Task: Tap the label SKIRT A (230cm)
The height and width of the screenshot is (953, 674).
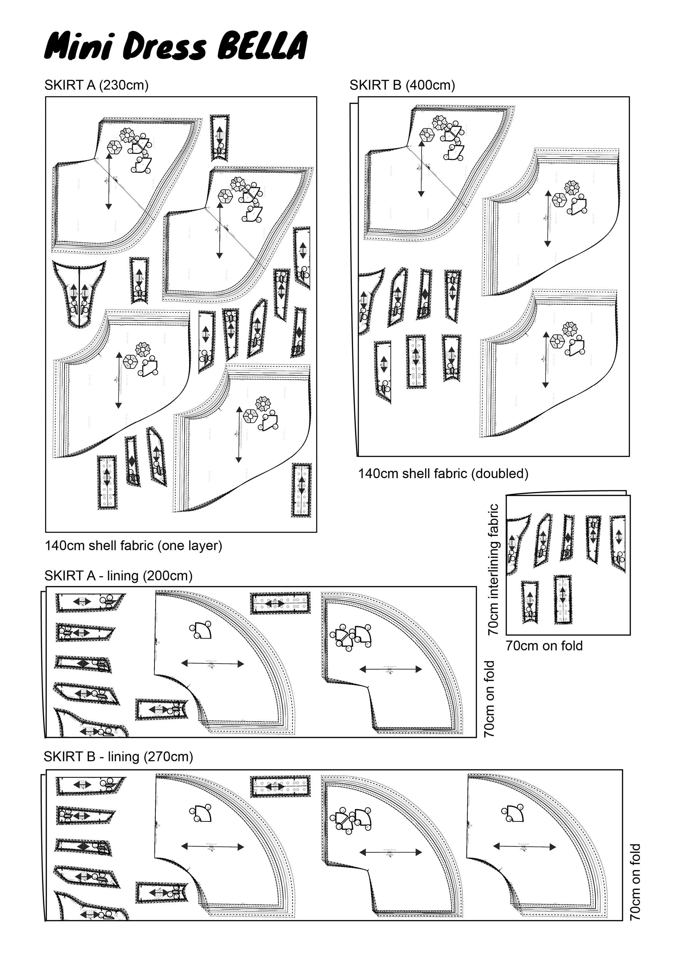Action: pos(96,85)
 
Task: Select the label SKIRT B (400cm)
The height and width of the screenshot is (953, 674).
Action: pos(402,85)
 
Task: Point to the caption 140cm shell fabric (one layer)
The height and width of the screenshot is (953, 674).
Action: pos(133,545)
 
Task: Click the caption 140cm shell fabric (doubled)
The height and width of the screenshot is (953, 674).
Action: pos(443,474)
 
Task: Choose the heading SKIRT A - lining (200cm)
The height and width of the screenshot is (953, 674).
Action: pos(118,576)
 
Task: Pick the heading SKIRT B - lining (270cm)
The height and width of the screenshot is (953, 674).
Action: pos(118,757)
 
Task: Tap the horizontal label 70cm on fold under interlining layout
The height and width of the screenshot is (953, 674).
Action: pos(544,646)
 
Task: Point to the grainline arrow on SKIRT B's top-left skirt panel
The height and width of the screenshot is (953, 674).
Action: pos(422,168)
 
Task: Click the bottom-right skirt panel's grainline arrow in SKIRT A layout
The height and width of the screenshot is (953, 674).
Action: pos(239,435)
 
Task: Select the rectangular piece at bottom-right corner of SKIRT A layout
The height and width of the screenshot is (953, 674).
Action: pos(301,490)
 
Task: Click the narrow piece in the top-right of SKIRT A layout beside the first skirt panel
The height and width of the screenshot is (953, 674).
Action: pos(219,137)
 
